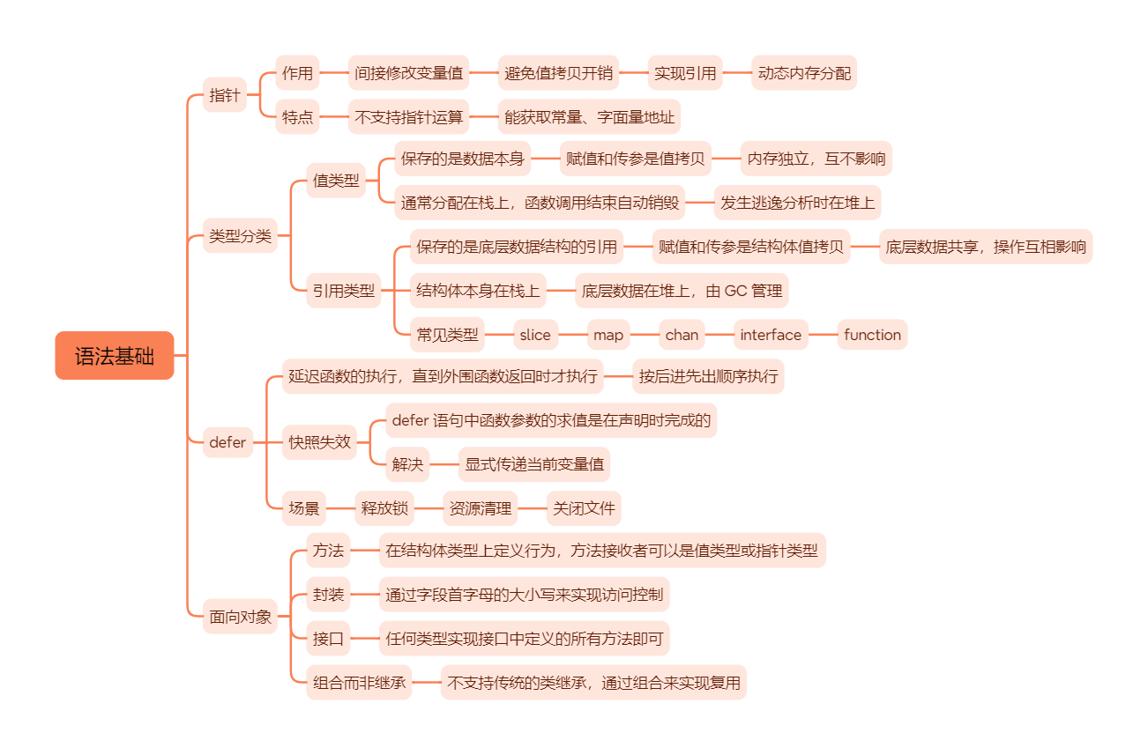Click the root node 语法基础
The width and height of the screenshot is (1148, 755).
pos(115,356)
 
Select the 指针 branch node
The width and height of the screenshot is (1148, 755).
pos(225,95)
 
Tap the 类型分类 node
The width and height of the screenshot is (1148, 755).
pos(240,236)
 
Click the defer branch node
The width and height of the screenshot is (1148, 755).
pos(227,442)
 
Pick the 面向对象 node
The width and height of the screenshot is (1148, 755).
pos(240,617)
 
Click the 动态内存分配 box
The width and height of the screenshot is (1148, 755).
pos(804,73)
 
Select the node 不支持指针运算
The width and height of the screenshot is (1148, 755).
pos(408,116)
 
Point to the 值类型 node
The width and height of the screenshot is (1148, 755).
pos(336,181)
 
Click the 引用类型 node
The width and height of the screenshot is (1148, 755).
pos(343,290)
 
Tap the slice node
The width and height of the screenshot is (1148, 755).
pos(535,335)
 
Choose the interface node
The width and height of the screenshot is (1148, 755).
pos(771,335)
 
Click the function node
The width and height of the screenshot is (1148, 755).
pos(872,335)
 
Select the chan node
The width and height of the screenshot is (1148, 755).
pos(682,335)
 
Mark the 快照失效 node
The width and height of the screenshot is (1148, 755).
pos(319,442)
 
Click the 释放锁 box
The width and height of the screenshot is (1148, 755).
pos(384,508)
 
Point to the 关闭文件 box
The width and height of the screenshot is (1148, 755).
pos(584,508)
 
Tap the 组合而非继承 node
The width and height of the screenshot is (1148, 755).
pos(360,682)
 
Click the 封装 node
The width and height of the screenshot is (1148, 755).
pos(328,595)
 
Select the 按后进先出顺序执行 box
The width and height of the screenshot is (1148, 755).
pos(708,377)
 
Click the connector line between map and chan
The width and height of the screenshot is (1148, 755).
pos(645,335)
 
